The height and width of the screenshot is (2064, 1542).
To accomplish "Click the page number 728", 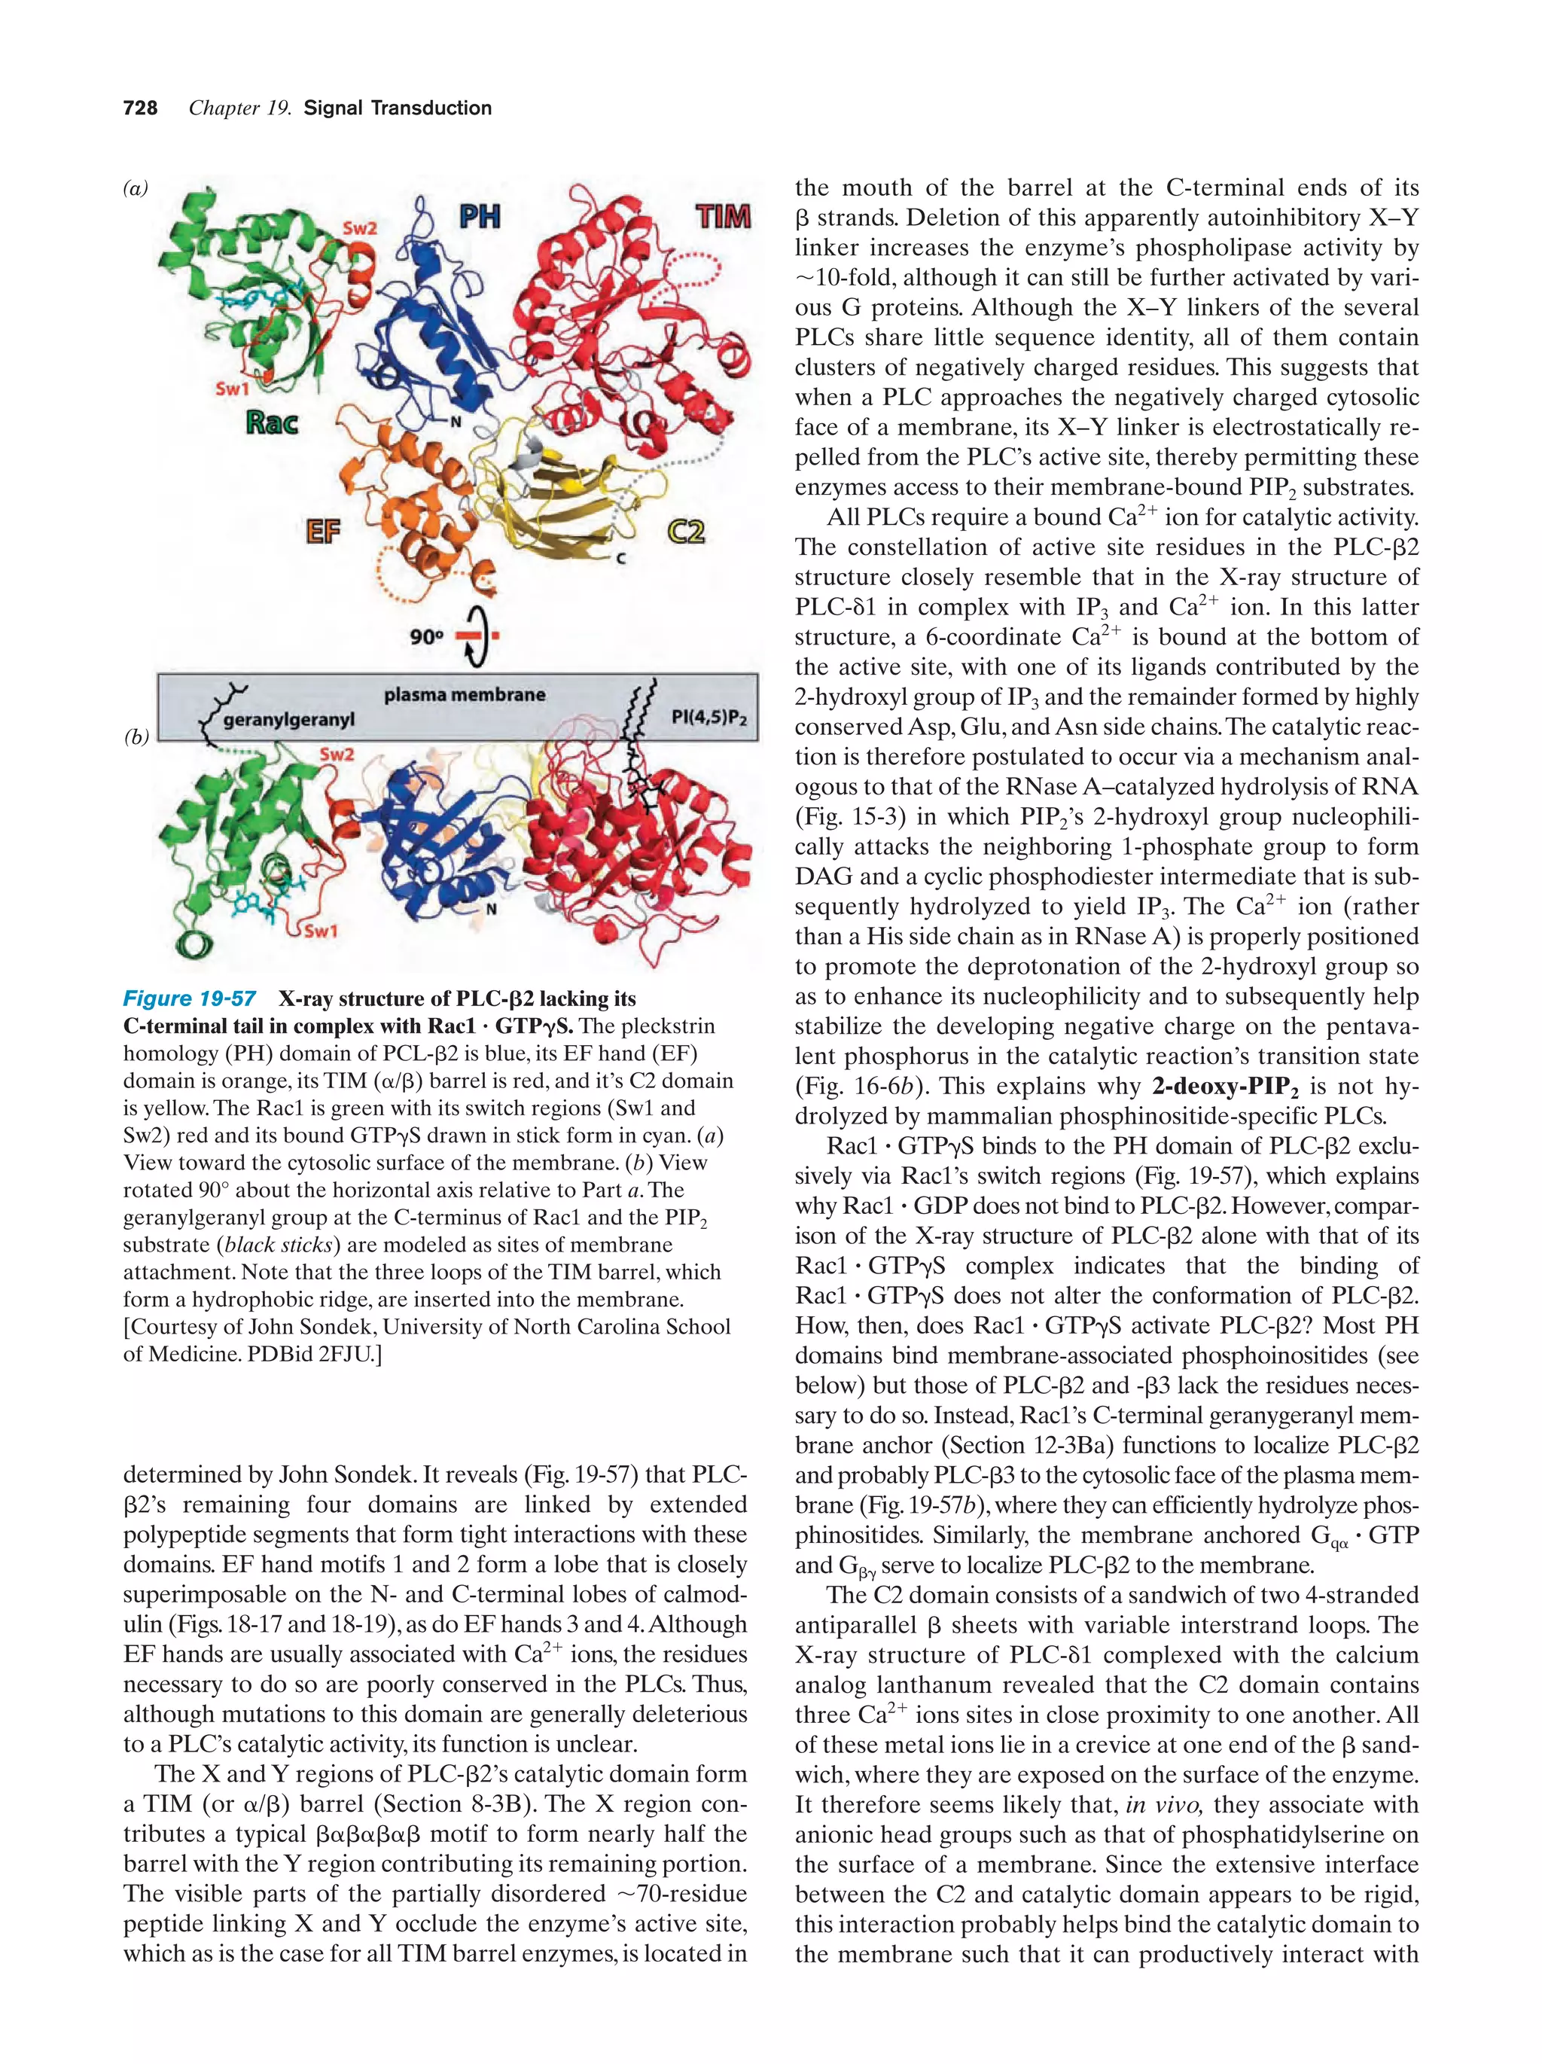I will tap(140, 108).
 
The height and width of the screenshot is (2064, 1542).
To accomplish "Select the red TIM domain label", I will tap(723, 218).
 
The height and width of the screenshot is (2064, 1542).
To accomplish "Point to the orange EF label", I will tap(323, 534).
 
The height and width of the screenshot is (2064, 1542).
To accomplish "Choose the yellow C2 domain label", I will tap(686, 533).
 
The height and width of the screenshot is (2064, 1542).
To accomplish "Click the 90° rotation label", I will tap(426, 637).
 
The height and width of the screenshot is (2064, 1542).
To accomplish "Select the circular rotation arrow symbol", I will tap(477, 637).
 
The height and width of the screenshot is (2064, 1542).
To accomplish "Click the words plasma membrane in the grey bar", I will tap(465, 695).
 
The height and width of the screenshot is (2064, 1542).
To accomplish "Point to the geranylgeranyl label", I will tap(289, 721).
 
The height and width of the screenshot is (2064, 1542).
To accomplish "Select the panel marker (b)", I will tap(136, 737).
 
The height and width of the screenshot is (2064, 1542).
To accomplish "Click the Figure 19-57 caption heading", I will tap(190, 999).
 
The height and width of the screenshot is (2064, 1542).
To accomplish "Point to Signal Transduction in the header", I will tap(398, 108).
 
